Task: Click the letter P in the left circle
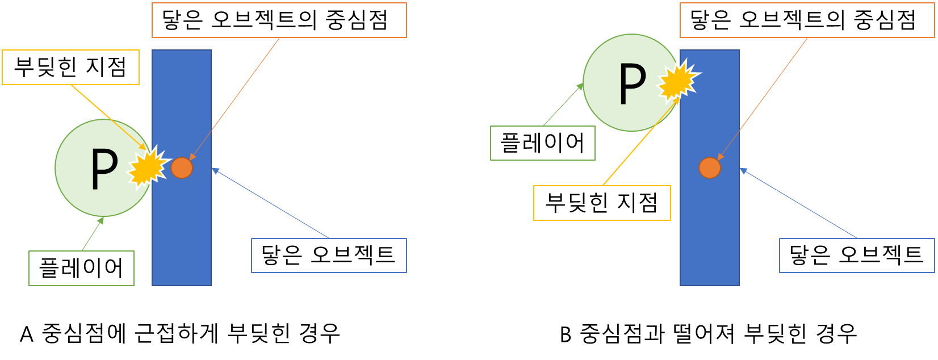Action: coord(104,169)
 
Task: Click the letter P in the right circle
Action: coord(632,84)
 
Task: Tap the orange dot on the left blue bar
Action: coord(182,168)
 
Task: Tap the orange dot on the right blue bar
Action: coord(710,168)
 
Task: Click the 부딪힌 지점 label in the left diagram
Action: coord(70,68)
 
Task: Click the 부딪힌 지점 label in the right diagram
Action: coord(602,203)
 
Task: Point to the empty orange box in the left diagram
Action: coord(279,20)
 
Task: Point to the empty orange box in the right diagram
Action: coord(807,20)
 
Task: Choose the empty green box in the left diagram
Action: coord(81,268)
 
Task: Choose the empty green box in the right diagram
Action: coord(543,143)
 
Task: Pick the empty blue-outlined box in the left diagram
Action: coord(329,256)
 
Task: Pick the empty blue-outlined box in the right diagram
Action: coord(857,256)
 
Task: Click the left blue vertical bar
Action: coord(182,238)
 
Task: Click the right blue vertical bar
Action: coord(710,238)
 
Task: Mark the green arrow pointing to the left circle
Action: coord(93,234)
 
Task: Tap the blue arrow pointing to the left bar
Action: coord(270,203)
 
